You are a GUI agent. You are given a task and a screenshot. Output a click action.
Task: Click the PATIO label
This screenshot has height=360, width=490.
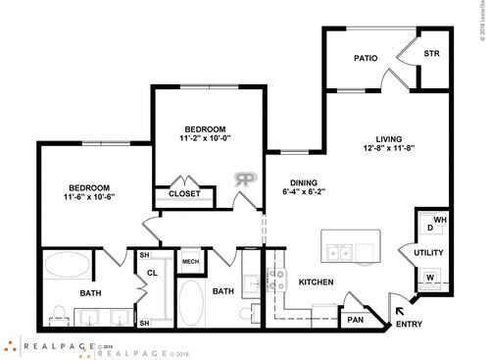tap(367, 59)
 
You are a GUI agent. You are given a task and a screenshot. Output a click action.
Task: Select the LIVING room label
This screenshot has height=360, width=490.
tap(387, 138)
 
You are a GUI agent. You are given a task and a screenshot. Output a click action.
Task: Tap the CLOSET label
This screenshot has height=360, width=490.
tap(184, 194)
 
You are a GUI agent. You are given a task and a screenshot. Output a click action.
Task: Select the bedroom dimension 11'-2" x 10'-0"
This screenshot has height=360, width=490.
tap(206, 139)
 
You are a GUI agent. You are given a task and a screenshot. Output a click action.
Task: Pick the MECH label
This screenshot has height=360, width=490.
tap(190, 262)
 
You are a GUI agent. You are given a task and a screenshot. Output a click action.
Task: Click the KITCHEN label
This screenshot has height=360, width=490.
tap(317, 283)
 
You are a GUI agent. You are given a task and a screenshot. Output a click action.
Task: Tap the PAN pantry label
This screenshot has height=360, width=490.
tap(354, 319)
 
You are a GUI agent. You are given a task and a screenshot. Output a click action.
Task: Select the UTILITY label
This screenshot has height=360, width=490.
tap(429, 252)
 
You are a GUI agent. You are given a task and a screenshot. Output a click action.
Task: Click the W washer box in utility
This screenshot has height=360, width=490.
tap(429, 276)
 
